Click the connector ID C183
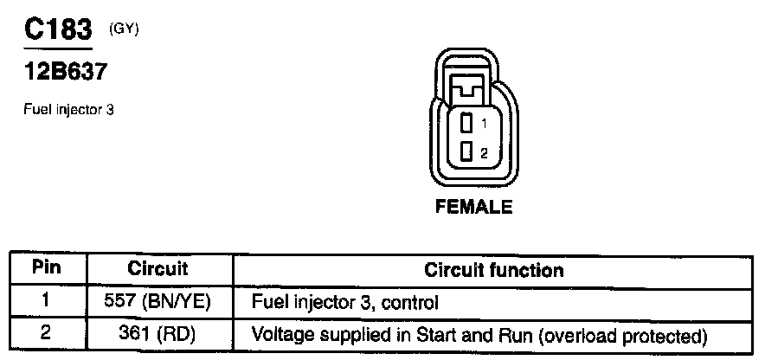tap(57, 31)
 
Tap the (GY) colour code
tap(124, 29)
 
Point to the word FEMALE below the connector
tap(473, 207)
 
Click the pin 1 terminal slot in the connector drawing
tap(466, 122)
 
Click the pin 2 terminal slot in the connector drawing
tap(466, 151)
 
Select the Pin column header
tap(47, 268)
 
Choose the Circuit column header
tap(157, 269)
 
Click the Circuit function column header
tap(493, 270)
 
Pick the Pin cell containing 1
tap(47, 301)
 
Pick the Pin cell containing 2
tap(47, 332)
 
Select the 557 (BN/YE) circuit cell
tap(157, 302)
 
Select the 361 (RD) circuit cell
tap(157, 333)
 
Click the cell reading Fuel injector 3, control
tap(344, 302)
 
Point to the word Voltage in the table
tap(278, 333)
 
